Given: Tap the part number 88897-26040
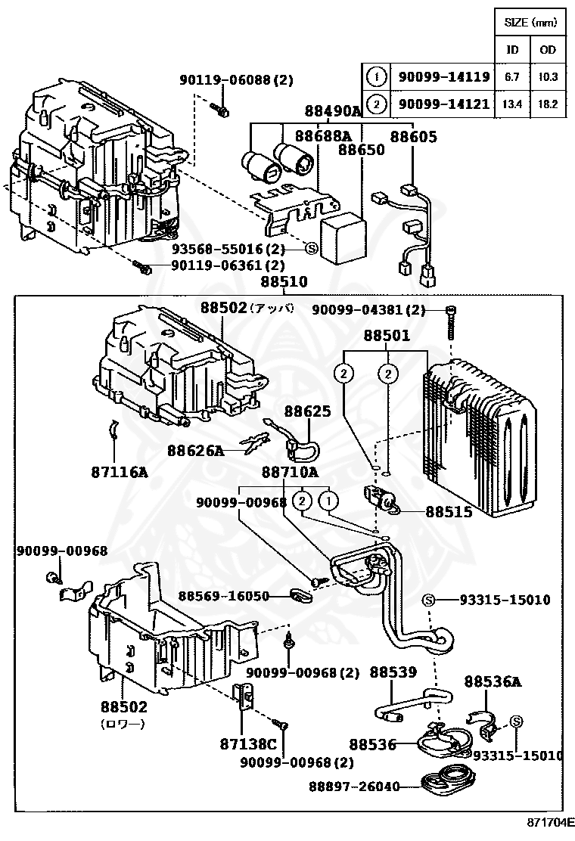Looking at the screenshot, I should [353, 787].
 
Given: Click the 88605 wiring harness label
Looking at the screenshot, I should [413, 135].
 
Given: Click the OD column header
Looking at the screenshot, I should [547, 50].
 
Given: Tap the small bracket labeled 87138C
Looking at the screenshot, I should [244, 695].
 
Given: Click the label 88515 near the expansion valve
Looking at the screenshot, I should [449, 511].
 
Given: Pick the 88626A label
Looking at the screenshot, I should [196, 451].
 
